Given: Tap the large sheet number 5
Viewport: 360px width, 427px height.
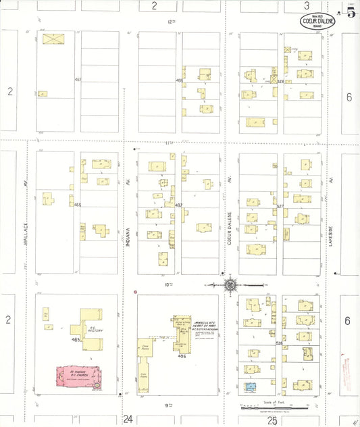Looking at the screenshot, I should (351, 14).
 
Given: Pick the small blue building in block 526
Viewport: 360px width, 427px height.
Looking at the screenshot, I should (251, 388).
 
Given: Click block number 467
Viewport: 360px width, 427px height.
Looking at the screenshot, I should (78, 80).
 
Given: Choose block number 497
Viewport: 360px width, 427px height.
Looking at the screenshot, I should (178, 205).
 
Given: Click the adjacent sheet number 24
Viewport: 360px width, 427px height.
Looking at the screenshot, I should (128, 420).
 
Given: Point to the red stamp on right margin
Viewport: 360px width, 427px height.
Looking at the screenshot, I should (349, 372).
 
